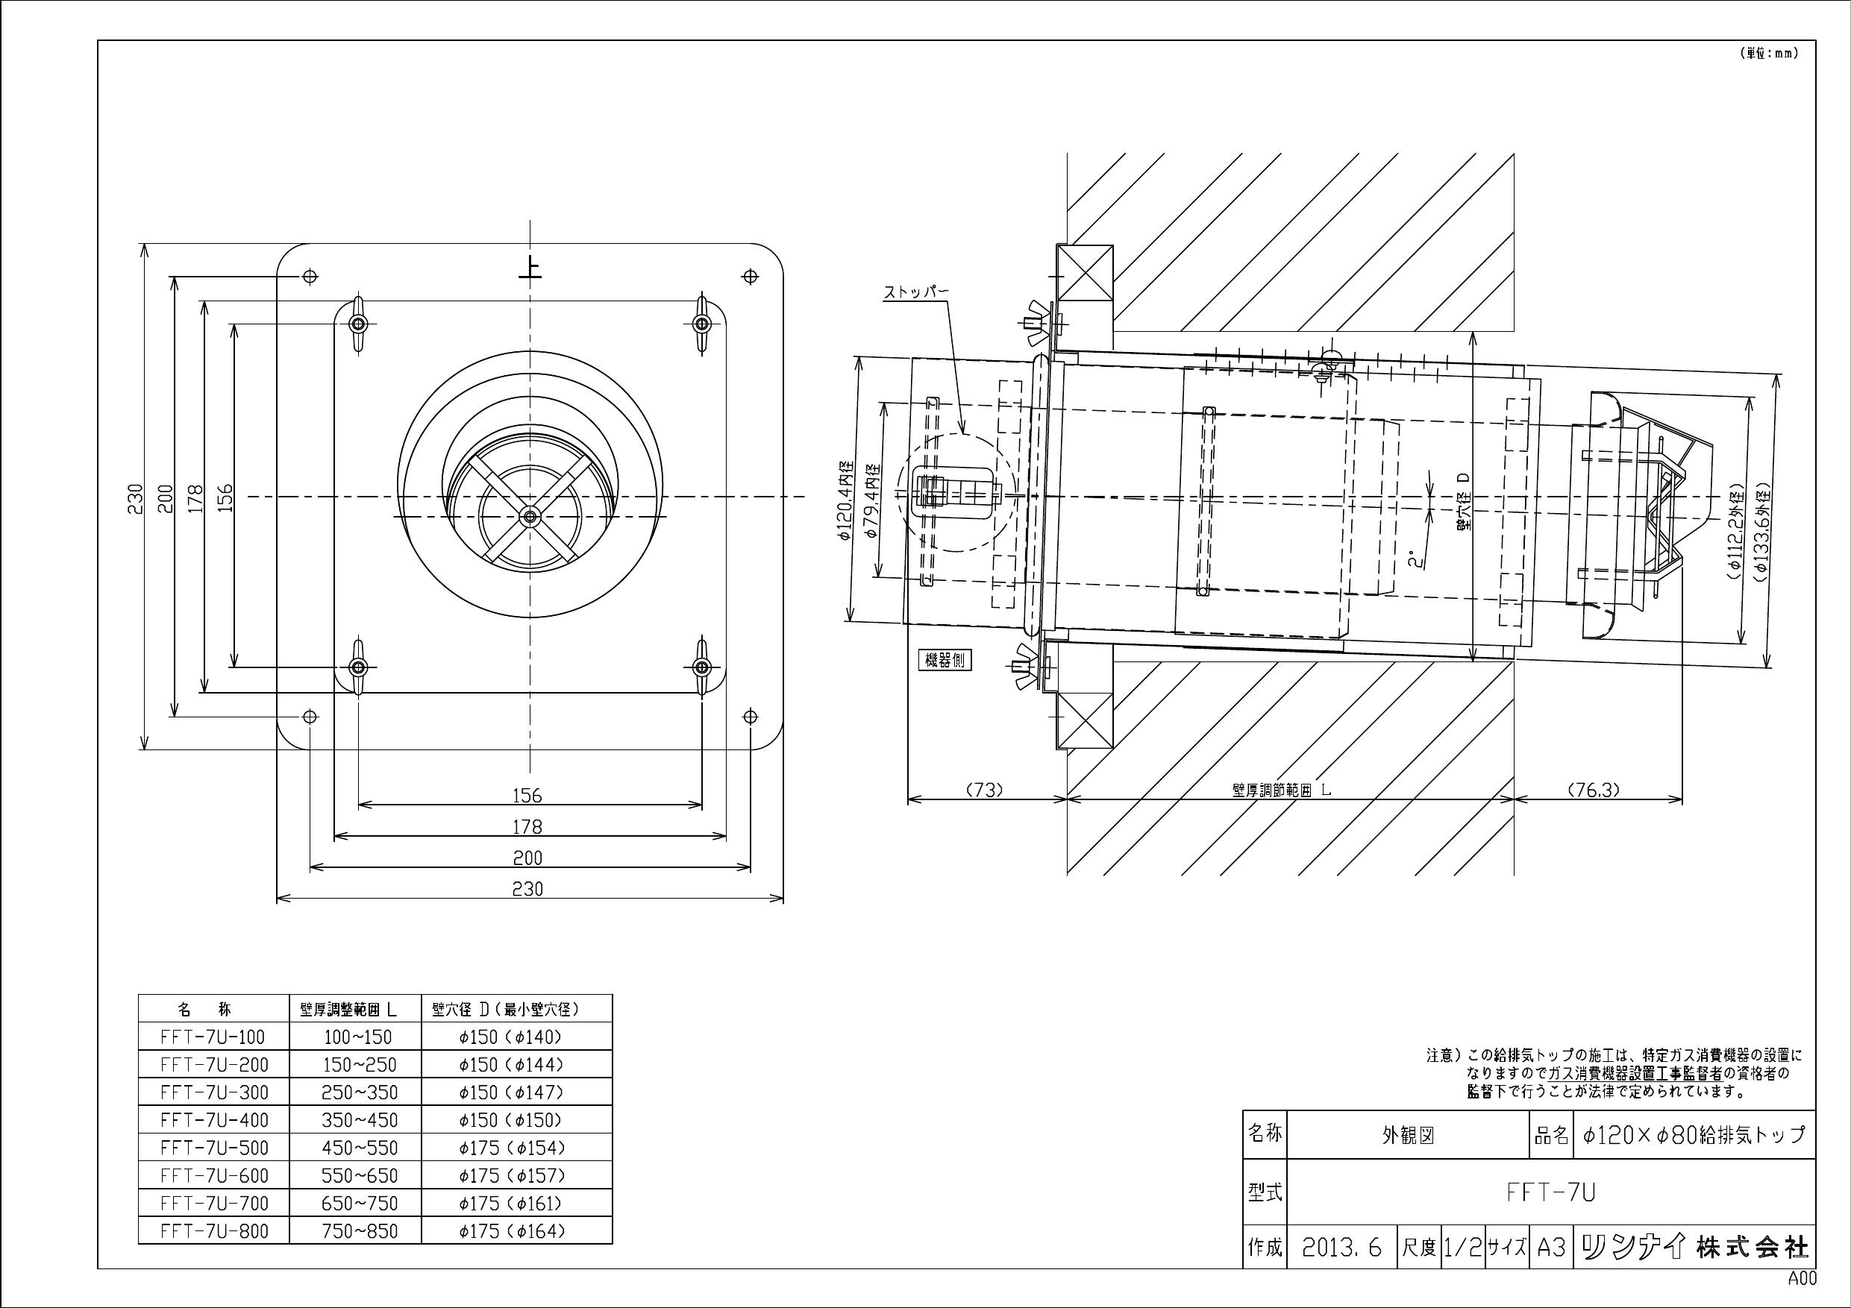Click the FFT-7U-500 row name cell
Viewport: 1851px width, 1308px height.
tap(213, 1148)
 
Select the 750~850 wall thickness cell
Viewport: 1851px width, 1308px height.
tap(360, 1231)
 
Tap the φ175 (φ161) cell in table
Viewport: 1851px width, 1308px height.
tap(511, 1204)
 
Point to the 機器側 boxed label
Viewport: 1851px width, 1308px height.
tap(945, 661)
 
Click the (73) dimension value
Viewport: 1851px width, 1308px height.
tap(984, 790)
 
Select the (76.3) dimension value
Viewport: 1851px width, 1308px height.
tap(1593, 790)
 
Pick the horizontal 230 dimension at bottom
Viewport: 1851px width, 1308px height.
tap(528, 889)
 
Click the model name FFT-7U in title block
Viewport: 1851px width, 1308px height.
tap(1550, 1192)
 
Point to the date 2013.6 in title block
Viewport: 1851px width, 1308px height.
tap(1341, 1248)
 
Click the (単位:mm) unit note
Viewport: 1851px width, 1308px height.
tap(1761, 54)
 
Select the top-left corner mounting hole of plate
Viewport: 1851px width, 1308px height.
tap(310, 277)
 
